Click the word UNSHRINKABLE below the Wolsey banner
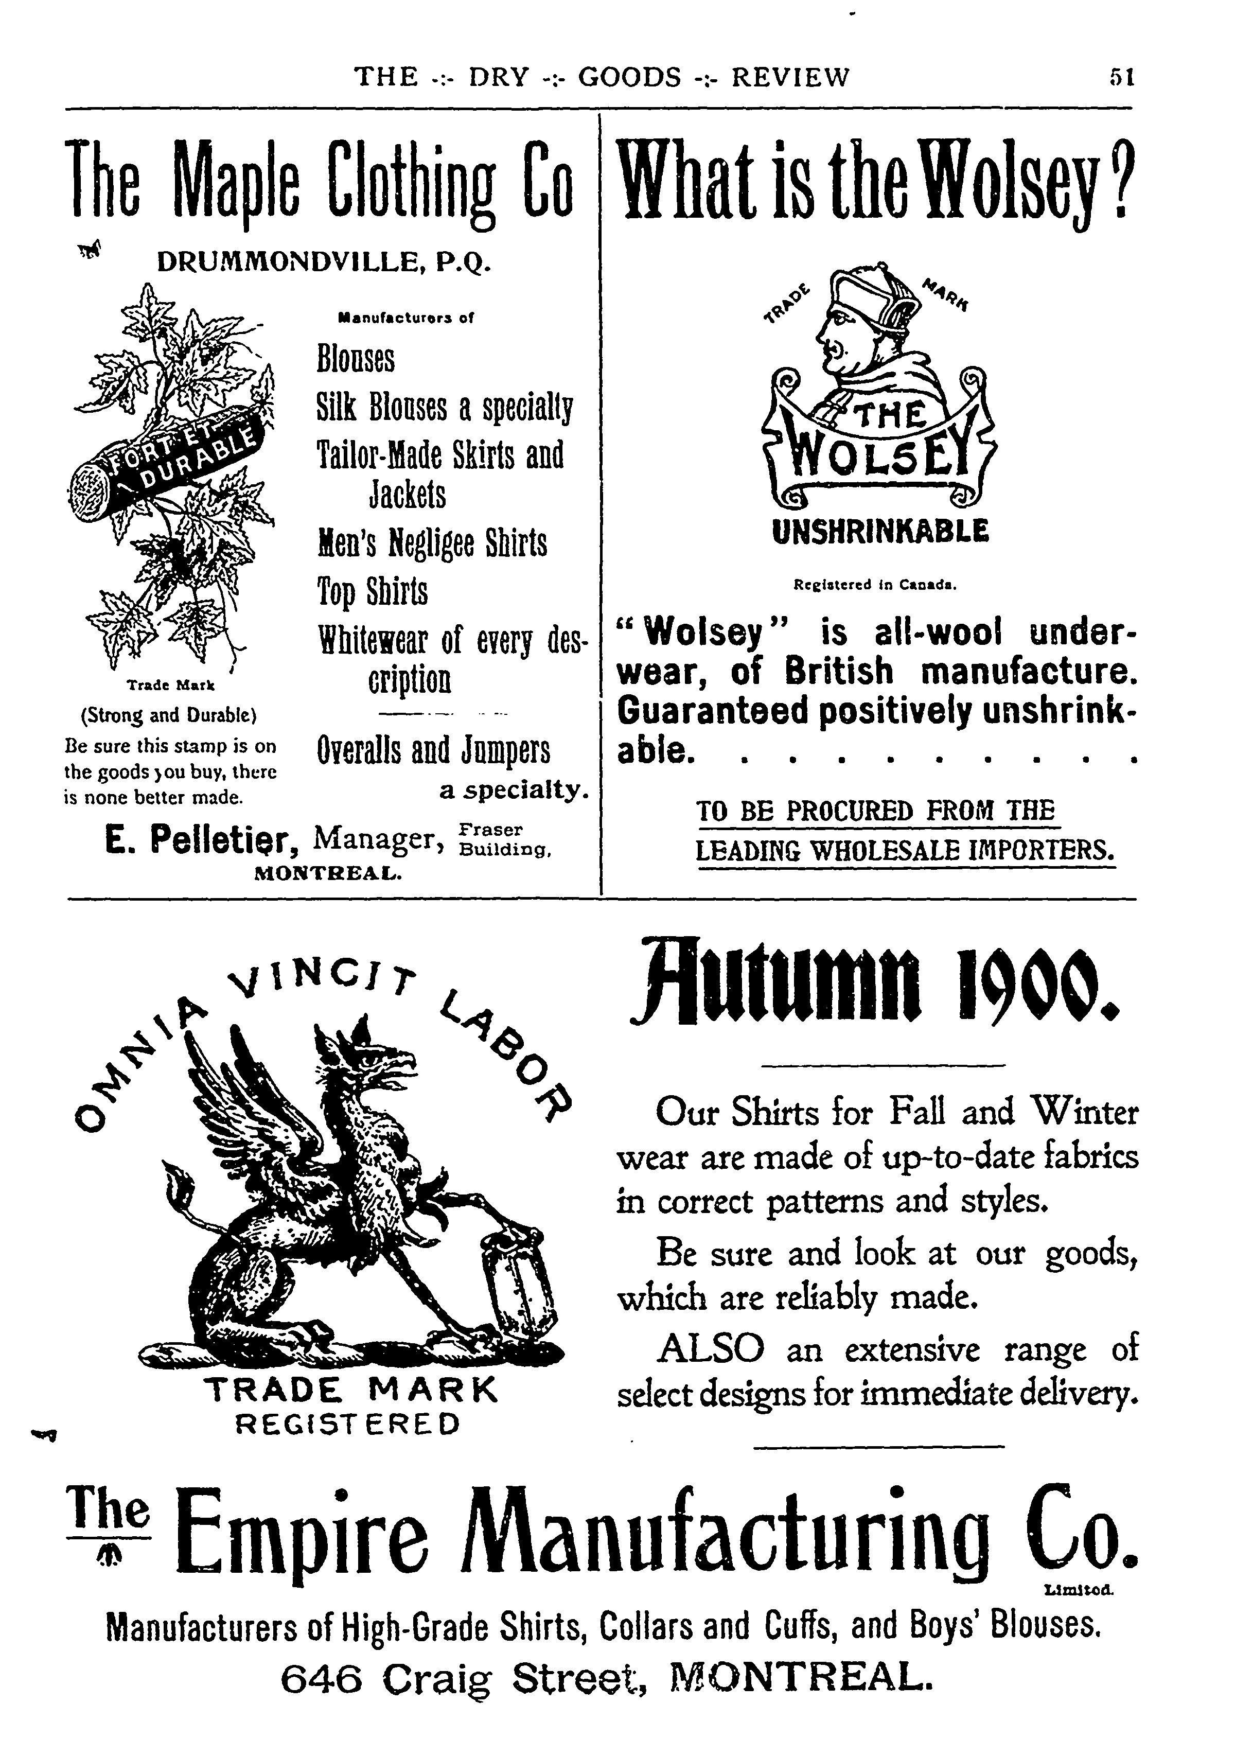pos(880,531)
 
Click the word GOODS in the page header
pos(630,77)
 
